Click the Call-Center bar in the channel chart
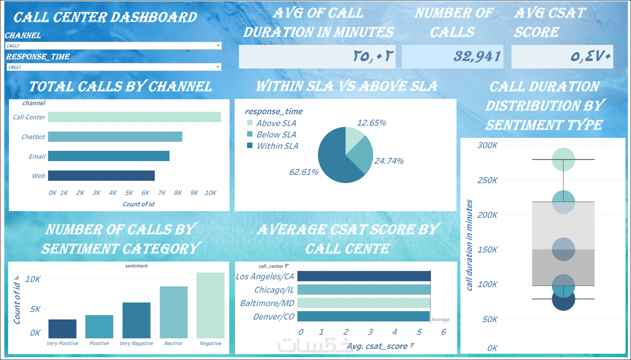click(x=134, y=117)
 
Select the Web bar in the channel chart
click(x=101, y=176)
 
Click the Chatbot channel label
click(x=33, y=137)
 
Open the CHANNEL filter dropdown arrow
click(x=218, y=46)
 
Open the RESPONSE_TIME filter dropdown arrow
click(x=218, y=67)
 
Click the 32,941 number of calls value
click(x=477, y=56)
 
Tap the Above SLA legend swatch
click(x=250, y=123)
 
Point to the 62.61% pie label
click(x=304, y=172)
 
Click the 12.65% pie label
click(x=371, y=123)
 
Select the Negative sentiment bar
click(x=210, y=305)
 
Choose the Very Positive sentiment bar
click(x=62, y=328)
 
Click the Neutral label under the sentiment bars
click(x=173, y=343)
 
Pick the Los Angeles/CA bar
click(x=364, y=276)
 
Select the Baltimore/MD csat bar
click(x=364, y=303)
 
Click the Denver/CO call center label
click(x=274, y=317)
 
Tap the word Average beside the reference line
click(x=441, y=320)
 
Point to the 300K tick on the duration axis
click(x=487, y=145)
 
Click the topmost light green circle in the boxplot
click(x=563, y=159)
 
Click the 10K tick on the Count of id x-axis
click(x=210, y=193)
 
